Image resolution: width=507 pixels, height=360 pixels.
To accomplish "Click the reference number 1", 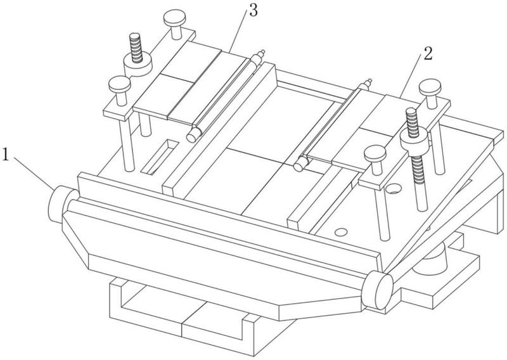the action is point(5,154).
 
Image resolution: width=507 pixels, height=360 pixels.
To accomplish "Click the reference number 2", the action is point(427,54).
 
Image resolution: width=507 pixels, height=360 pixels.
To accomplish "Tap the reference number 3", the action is point(253,11).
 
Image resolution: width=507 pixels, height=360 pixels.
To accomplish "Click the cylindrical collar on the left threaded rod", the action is point(138,65).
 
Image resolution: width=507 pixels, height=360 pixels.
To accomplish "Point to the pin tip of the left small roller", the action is point(262,52).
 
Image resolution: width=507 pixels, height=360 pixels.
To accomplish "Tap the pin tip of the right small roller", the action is point(369,80).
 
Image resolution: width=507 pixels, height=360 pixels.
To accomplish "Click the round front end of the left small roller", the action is point(192,136).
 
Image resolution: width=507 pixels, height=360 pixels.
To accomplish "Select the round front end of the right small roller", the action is point(298,166).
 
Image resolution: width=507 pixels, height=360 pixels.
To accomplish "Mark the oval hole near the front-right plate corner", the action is point(341,232).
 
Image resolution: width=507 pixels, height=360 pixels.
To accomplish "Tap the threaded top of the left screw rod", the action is point(135,47).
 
